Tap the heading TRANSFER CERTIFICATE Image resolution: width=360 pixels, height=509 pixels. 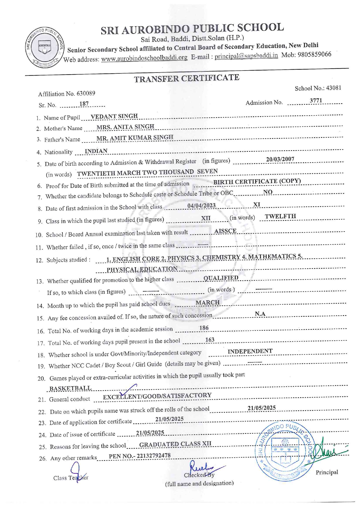(x=187, y=78)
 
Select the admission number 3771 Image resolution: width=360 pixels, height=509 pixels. (x=316, y=101)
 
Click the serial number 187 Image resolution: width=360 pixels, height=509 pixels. (x=84, y=104)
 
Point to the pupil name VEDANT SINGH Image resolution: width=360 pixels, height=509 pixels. (x=114, y=116)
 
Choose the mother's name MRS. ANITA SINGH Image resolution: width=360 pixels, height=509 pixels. (x=125, y=127)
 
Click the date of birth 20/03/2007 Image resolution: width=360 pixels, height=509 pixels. (x=280, y=159)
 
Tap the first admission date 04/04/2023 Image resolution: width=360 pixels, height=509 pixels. (x=201, y=205)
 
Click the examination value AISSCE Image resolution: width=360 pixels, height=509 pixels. (x=225, y=231)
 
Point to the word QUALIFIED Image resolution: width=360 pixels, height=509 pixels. (x=221, y=278)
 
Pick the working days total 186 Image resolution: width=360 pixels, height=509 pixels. (x=204, y=328)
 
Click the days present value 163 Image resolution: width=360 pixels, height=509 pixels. (x=210, y=340)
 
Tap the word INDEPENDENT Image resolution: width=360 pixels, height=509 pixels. (x=250, y=351)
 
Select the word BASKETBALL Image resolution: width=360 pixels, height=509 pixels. (x=70, y=388)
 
